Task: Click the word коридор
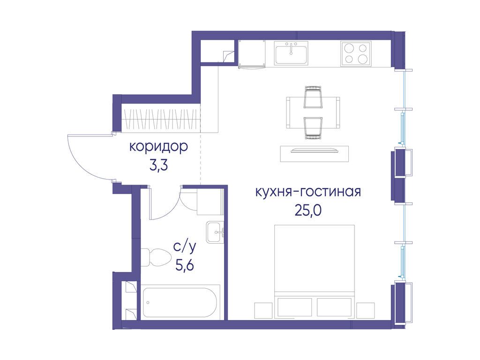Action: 158,147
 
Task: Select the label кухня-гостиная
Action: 308,192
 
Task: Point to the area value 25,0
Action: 308,210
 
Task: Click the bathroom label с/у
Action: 185,247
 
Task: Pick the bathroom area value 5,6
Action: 185,265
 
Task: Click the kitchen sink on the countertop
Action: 291,53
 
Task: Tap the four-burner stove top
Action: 356,53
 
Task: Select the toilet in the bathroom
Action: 156,257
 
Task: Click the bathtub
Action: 180,302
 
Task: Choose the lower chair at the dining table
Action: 313,128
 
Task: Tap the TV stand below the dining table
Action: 315,154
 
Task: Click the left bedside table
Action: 263,311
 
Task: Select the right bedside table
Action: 366,311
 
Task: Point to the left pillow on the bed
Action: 294,307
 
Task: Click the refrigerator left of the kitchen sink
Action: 252,53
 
